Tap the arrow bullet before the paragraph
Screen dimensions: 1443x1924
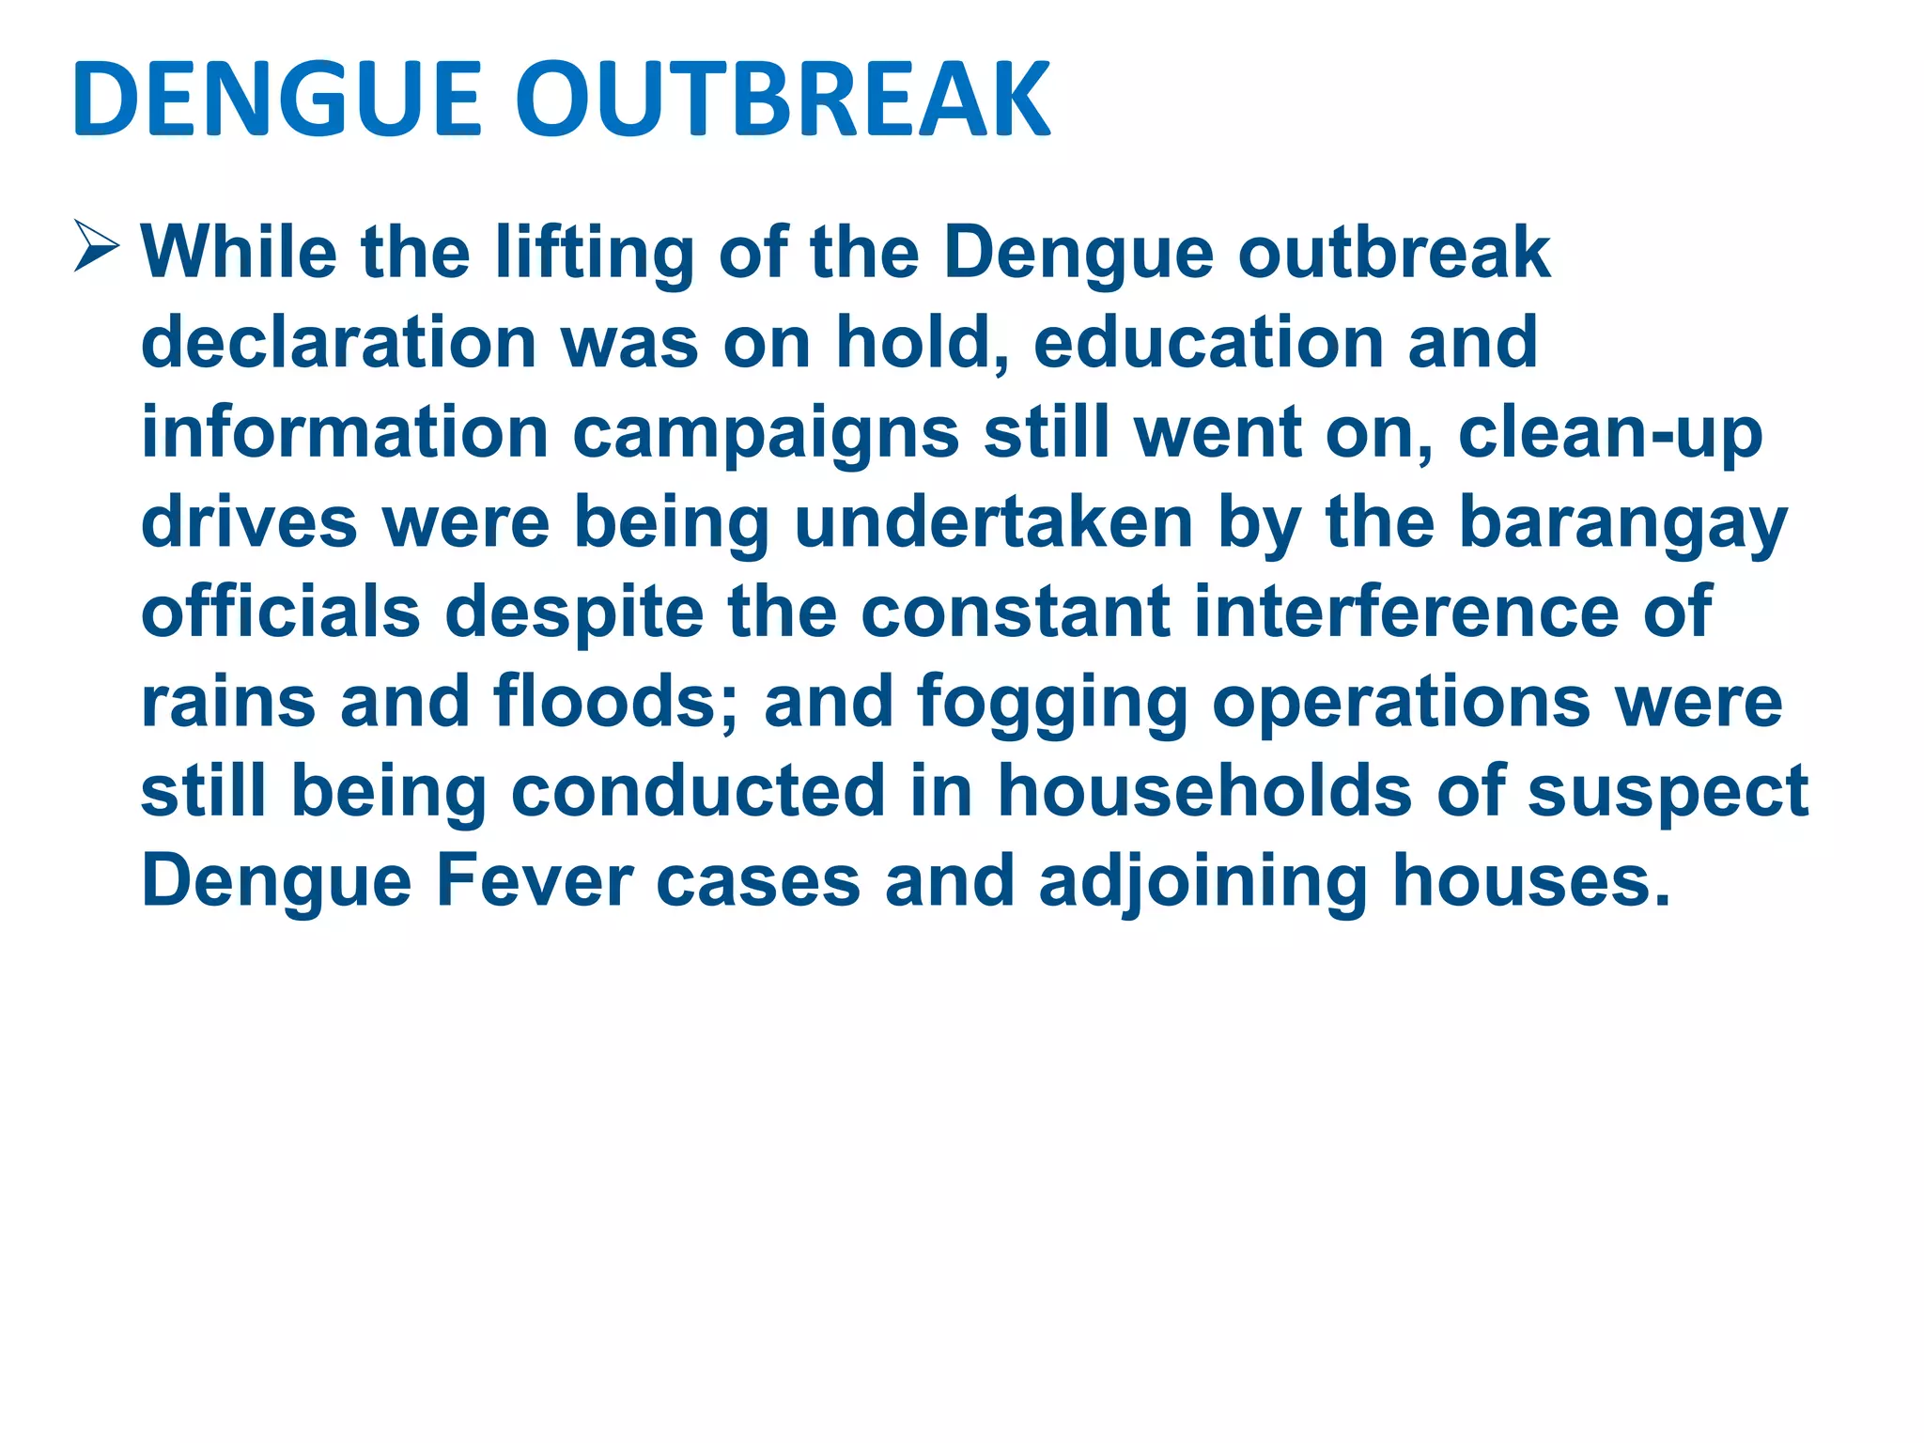click(97, 246)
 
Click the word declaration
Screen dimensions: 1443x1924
click(338, 342)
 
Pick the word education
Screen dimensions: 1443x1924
click(1208, 342)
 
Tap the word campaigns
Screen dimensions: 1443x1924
click(766, 434)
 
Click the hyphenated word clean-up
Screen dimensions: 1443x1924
click(1609, 434)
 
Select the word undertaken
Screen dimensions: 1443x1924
click(994, 522)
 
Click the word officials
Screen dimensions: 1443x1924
click(280, 612)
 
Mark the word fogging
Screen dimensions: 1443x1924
click(1052, 704)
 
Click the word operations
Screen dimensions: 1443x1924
click(1401, 704)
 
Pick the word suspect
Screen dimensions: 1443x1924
click(1668, 792)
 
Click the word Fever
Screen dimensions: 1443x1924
click(534, 880)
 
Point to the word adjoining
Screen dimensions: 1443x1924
click(1202, 882)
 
